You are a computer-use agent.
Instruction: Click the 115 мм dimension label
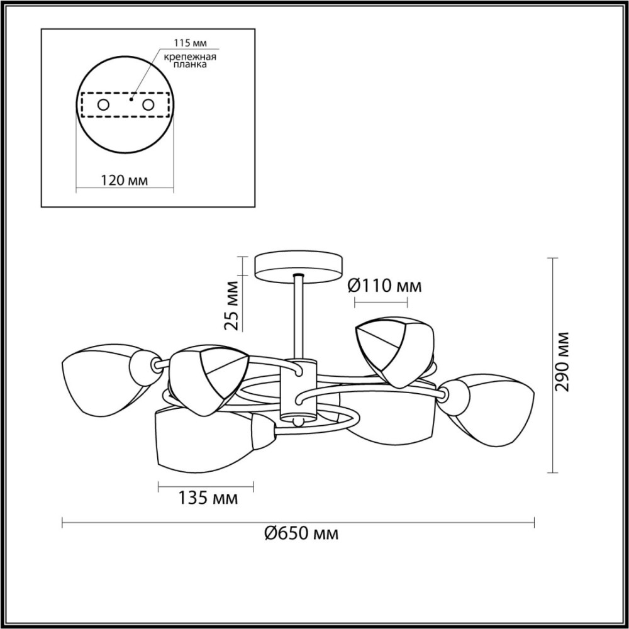tap(190, 43)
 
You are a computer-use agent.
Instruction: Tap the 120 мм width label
tap(124, 181)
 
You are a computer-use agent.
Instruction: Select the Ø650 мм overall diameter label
tap(301, 533)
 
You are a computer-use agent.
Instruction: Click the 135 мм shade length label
tap(208, 498)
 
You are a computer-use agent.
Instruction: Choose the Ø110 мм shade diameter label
tap(384, 286)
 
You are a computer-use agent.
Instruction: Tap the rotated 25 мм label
tap(232, 306)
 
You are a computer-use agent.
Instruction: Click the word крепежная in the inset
tap(190, 57)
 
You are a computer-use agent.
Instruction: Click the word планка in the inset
tap(190, 65)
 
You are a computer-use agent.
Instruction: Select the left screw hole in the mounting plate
tap(104, 105)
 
